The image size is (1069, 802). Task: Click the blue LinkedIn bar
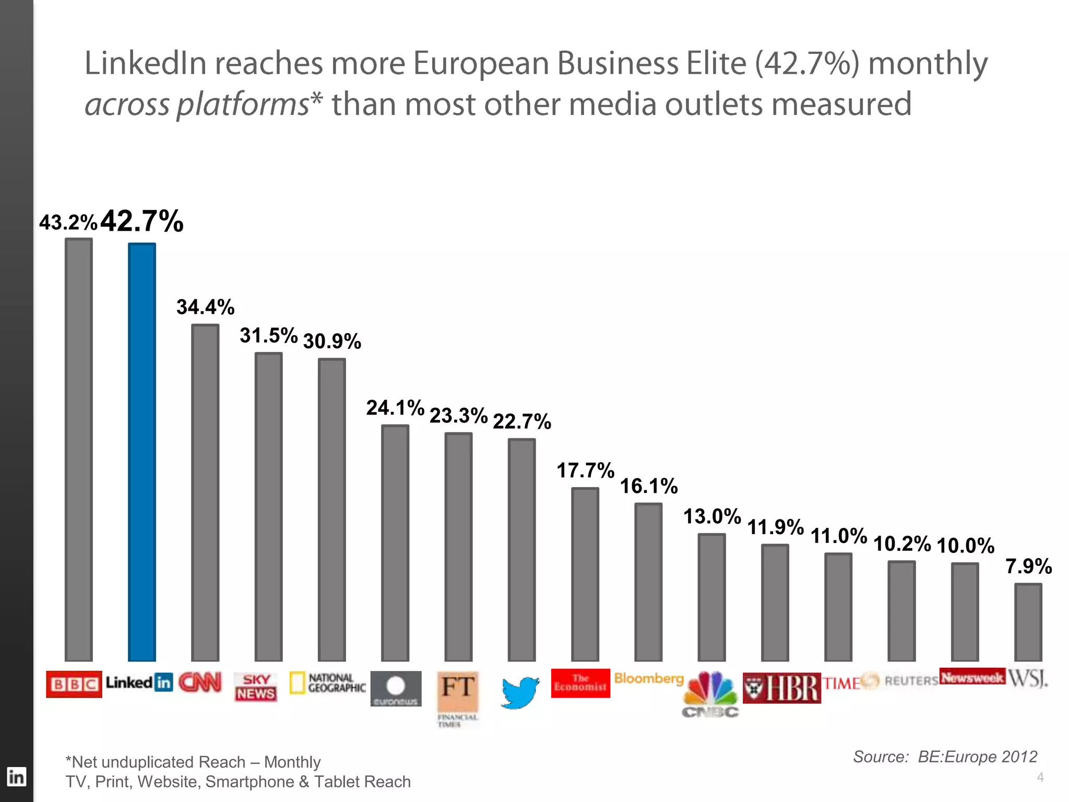pos(142,452)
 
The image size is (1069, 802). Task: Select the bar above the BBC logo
pos(79,449)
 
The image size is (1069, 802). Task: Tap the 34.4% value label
pos(205,307)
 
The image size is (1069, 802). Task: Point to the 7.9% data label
pos(1028,566)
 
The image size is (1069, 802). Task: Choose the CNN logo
pos(200,682)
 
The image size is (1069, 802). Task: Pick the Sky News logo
pos(256,687)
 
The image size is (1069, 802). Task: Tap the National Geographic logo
pos(328,683)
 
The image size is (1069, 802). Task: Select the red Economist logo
pos(580,683)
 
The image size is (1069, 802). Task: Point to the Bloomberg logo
pos(649,678)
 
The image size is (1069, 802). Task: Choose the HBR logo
pos(781,688)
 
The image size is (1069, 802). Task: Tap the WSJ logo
pos(1027,679)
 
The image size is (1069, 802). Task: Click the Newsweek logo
pos(972,677)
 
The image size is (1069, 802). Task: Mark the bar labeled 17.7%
pos(585,574)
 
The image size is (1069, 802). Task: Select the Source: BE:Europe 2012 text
pos(945,757)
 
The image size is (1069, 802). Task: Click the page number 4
pos(1040,777)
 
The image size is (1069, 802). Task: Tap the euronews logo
pos(396,689)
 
